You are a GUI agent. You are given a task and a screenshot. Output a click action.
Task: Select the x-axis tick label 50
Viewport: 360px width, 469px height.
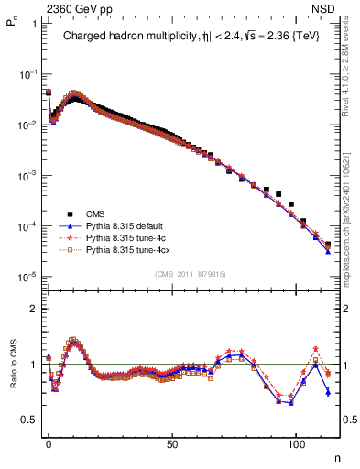tap(172, 442)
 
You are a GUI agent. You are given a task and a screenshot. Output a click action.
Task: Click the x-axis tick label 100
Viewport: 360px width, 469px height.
tap(296, 442)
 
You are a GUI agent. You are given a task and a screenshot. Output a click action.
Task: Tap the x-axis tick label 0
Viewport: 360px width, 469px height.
tap(49, 442)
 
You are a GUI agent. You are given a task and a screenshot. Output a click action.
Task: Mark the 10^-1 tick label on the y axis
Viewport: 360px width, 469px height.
tap(27, 73)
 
